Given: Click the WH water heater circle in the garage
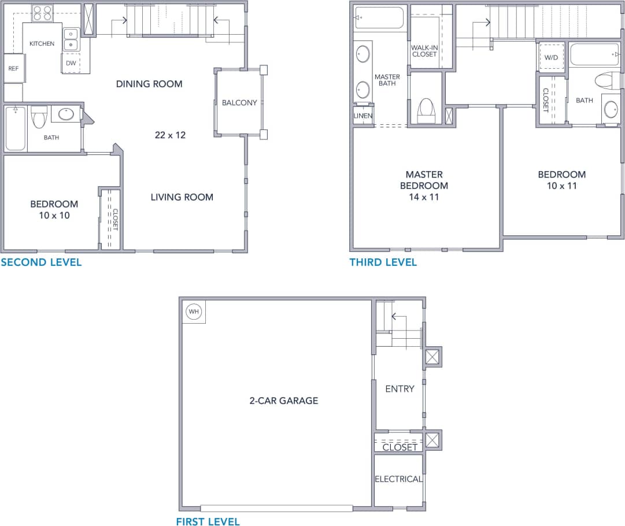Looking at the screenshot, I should click(194, 312).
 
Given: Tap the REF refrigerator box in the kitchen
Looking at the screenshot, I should click(13, 68).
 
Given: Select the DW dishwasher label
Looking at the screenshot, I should click(71, 63).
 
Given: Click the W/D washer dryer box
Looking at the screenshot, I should click(552, 57).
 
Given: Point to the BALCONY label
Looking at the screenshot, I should click(239, 103).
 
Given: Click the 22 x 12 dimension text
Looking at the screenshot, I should click(170, 135).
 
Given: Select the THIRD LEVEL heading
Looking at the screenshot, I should click(383, 262).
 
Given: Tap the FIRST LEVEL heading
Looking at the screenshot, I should click(208, 521).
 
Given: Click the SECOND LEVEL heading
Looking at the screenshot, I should click(41, 262).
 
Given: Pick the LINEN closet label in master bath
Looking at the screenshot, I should click(363, 116).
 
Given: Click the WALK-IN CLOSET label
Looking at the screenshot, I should click(424, 51).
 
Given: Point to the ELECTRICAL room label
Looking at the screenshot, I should click(398, 479).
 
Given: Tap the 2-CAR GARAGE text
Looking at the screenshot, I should click(284, 401).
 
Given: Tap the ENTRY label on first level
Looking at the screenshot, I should click(400, 389).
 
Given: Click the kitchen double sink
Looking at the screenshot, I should click(71, 39).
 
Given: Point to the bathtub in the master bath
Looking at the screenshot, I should click(379, 17).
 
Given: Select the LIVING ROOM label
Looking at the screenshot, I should click(182, 197).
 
